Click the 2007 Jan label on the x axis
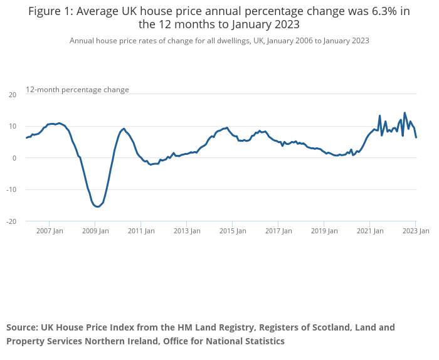pos(50,231)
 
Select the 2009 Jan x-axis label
pos(95,231)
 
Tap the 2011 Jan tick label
pos(141,231)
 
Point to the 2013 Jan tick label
pos(187,231)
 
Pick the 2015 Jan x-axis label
pos(233,231)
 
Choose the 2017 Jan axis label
pos(278,231)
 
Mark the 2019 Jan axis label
pos(324,231)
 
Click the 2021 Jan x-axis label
pos(370,231)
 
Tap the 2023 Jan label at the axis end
pos(416,231)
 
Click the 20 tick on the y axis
pos(13,95)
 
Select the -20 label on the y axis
pos(12,221)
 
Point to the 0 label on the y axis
pos(14,158)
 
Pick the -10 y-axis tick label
pos(12,189)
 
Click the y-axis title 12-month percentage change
pos(77,90)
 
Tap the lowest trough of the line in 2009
pos(98,206)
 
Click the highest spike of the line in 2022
pos(405,113)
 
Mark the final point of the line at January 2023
pos(416,137)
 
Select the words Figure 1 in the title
pos(50,11)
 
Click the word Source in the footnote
pos(22,327)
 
